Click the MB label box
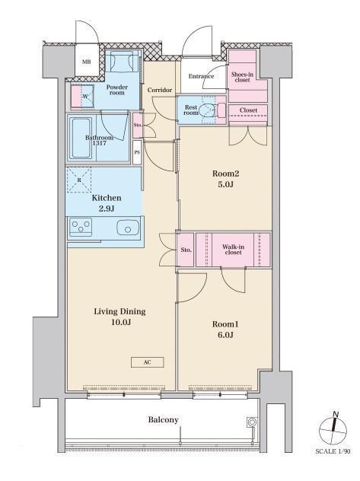pos(87,62)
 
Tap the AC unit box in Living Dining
pos(147,362)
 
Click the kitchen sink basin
pos(128,228)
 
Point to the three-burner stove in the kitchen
pos(81,227)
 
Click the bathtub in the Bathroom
pos(81,139)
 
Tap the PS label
pos(137,152)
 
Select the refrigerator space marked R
pos(79,180)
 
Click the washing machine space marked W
pos(83,96)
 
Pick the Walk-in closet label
pos(233,250)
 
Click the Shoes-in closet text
pos(242,77)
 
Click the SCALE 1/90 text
pos(333,451)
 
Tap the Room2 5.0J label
pos(226,179)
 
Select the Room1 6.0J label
pos(225,330)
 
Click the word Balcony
pos(163,419)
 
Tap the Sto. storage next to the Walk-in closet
pos(186,250)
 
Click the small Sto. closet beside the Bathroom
pos(138,125)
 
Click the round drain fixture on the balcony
pos(252,422)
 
